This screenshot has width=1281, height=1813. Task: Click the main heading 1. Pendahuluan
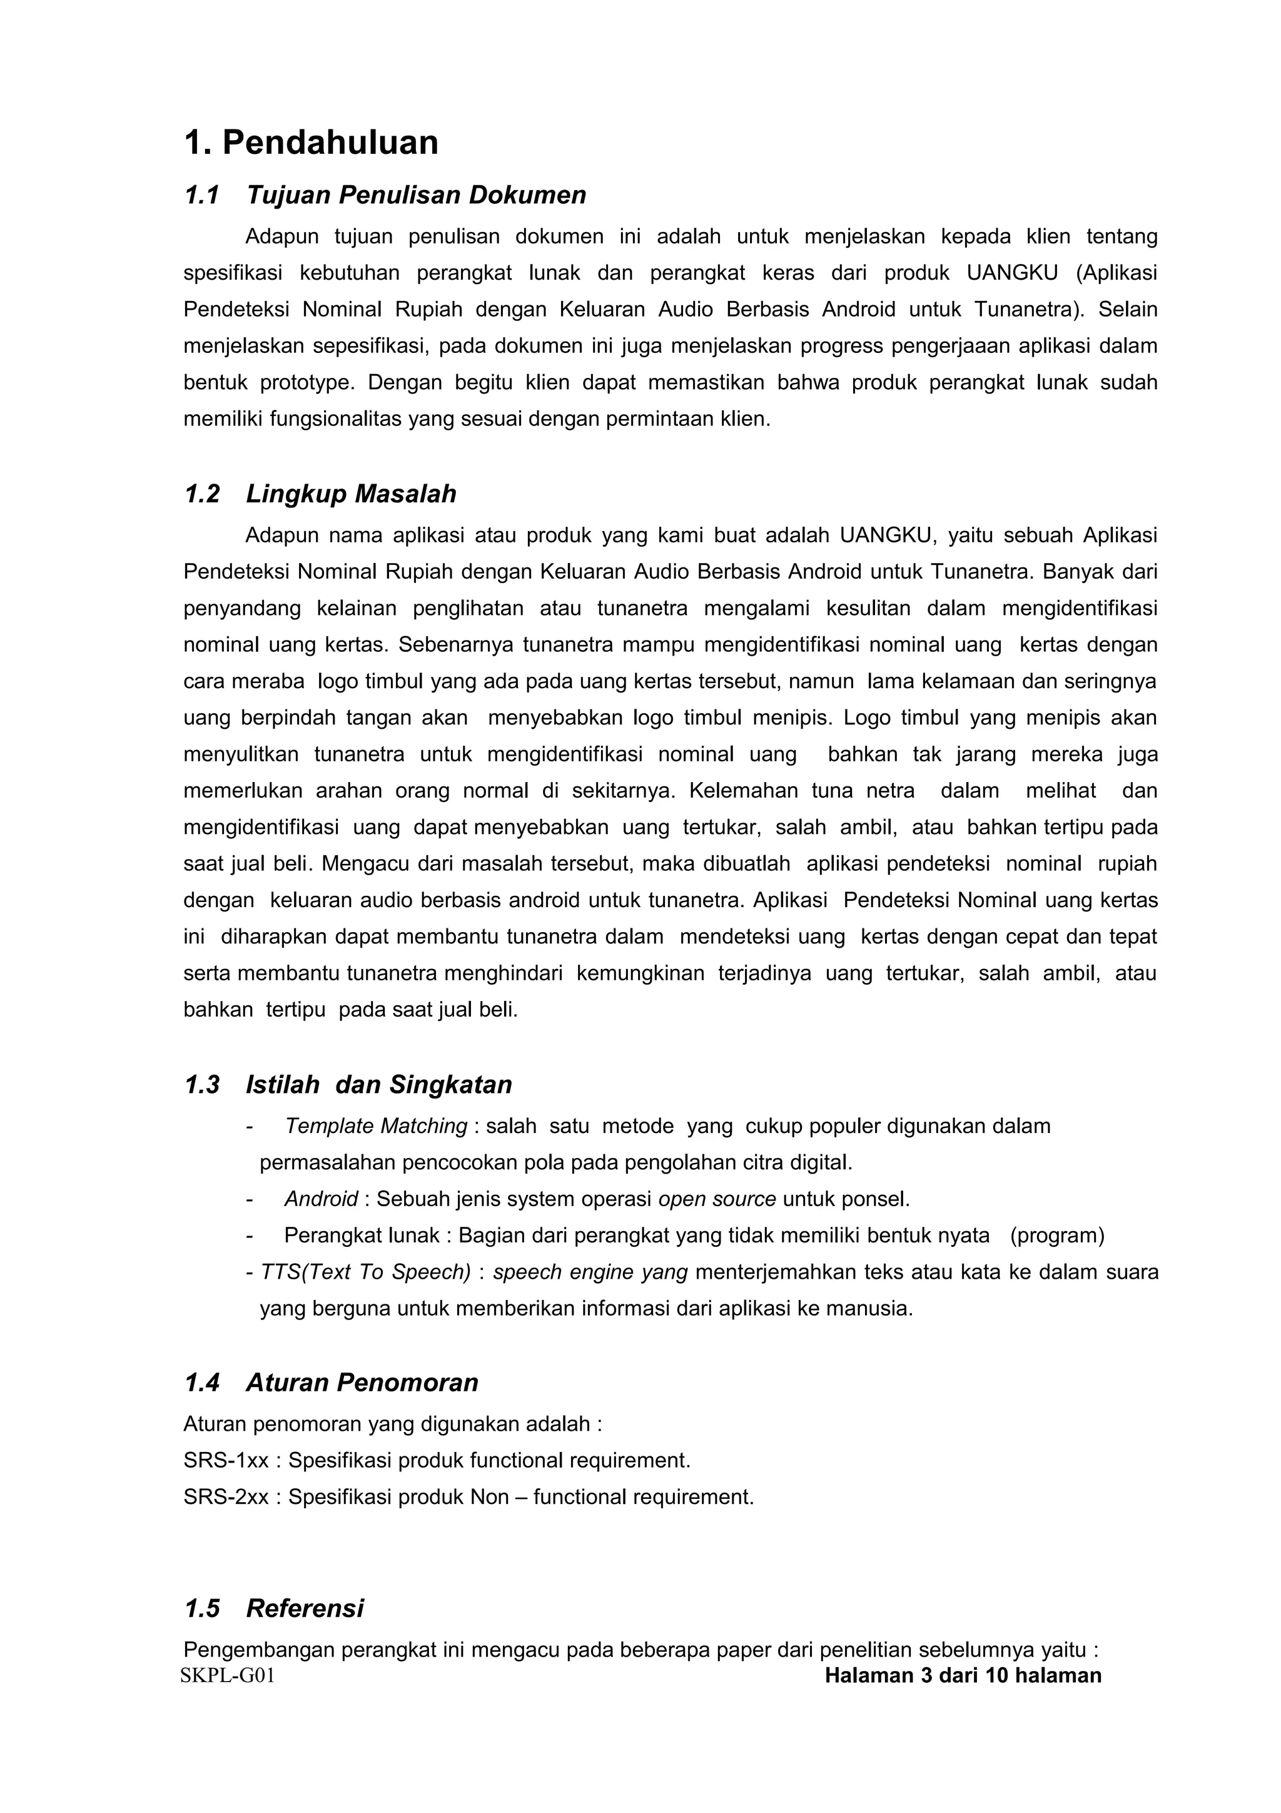click(311, 143)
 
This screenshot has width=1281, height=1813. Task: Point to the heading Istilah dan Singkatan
click(379, 1084)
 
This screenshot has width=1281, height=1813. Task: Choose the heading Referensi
click(305, 1608)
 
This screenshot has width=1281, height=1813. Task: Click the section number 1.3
click(201, 1084)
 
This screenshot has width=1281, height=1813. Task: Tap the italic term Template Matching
click(376, 1126)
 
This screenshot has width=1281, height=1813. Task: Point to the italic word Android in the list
click(322, 1199)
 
